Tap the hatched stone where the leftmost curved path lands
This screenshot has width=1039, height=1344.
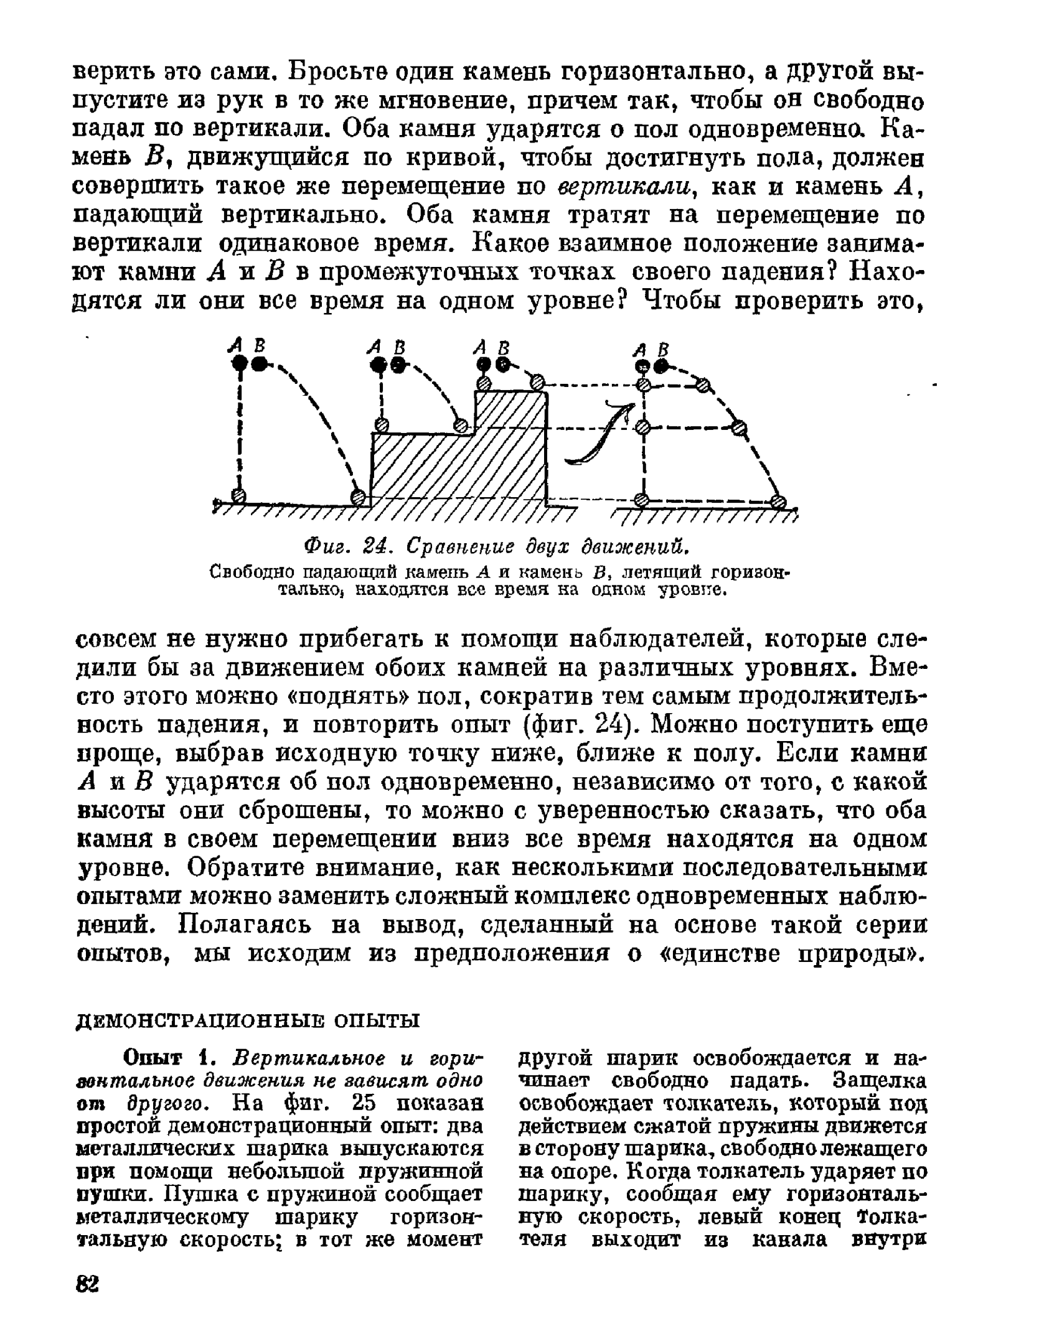358,497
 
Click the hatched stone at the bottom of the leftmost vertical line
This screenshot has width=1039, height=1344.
238,495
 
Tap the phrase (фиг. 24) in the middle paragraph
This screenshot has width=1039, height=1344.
578,725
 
